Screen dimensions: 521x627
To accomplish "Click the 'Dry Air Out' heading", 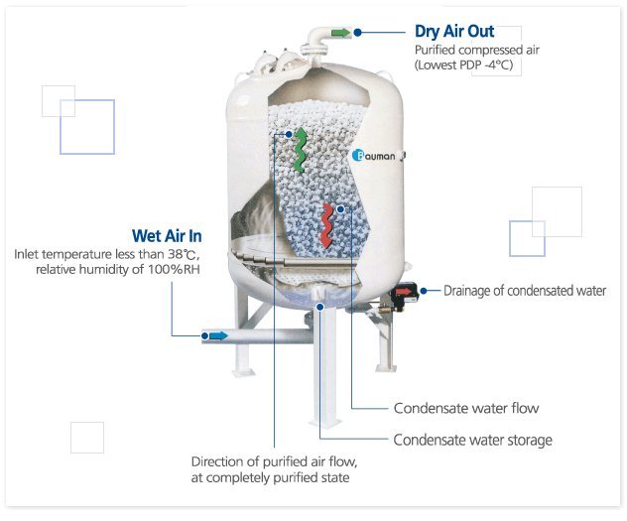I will click(453, 32).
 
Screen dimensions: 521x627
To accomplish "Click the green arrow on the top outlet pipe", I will click(340, 33).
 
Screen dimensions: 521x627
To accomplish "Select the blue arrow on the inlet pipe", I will click(215, 335).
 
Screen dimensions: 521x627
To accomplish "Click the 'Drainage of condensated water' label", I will click(524, 291).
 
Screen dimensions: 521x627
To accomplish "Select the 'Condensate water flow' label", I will click(466, 408).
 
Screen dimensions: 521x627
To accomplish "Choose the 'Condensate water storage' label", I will click(472, 440).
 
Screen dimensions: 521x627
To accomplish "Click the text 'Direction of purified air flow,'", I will click(273, 462).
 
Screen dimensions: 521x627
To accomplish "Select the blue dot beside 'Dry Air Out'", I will click(358, 33).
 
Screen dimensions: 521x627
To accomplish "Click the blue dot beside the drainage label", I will click(424, 291).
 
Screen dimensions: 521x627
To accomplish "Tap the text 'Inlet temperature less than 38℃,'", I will click(107, 254).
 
